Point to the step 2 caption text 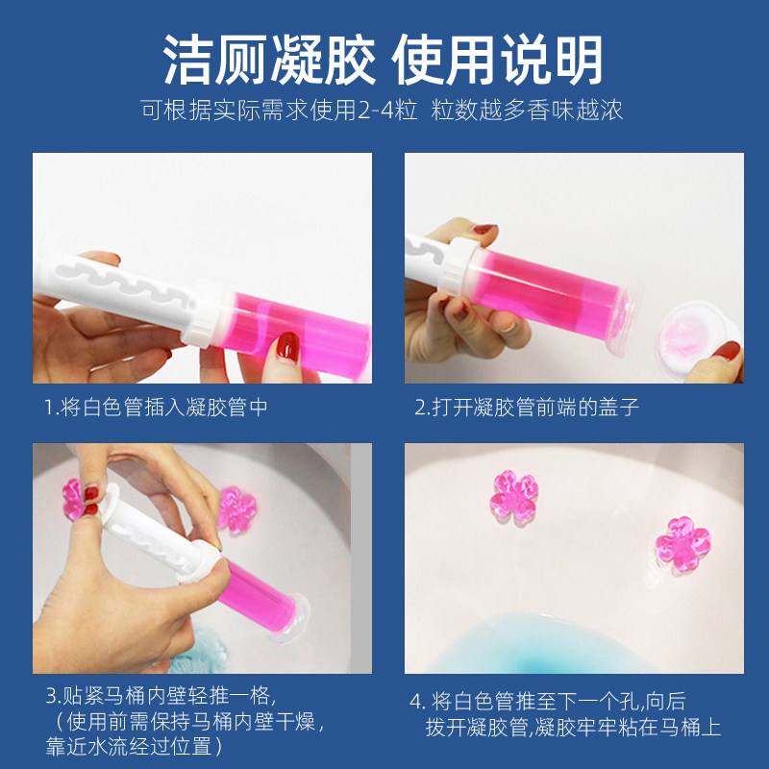click(527, 408)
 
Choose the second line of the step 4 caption click(573, 728)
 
